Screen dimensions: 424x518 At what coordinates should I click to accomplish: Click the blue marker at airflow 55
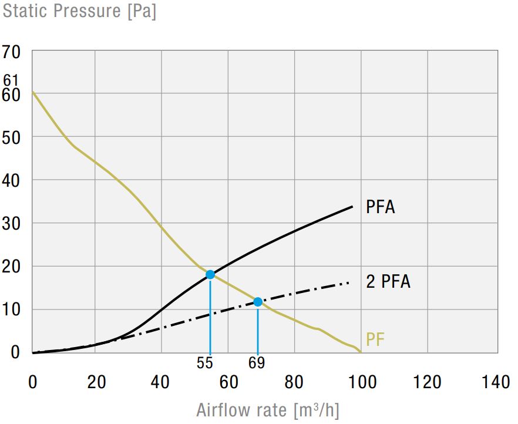pyautogui.click(x=210, y=274)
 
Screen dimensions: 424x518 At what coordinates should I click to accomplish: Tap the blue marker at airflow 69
pyautogui.click(x=258, y=302)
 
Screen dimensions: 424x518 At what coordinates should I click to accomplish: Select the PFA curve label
pyautogui.click(x=380, y=207)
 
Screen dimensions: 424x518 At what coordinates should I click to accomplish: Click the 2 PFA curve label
pyautogui.click(x=388, y=282)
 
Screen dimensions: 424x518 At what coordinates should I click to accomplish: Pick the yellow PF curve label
pyautogui.click(x=375, y=339)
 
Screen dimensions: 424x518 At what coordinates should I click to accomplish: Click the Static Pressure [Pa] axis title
pyautogui.click(x=79, y=11)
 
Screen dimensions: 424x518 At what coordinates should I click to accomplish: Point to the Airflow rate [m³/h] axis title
pyautogui.click(x=268, y=409)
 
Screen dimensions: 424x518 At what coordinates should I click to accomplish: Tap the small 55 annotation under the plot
pyautogui.click(x=205, y=363)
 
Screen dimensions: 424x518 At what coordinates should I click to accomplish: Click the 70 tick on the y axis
pyautogui.click(x=12, y=52)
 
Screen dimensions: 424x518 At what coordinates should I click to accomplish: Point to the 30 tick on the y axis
pyautogui.click(x=12, y=223)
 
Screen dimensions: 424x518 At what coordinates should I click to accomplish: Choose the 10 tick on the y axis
pyautogui.click(x=12, y=309)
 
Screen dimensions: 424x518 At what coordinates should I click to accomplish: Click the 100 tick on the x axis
pyautogui.click(x=362, y=382)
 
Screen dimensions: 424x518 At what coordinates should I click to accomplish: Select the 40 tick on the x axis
pyautogui.click(x=161, y=382)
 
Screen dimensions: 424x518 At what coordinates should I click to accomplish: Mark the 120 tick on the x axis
pyautogui.click(x=428, y=382)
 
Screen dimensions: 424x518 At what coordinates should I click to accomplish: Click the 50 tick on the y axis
pyautogui.click(x=12, y=137)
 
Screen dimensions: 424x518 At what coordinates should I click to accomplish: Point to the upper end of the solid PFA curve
pyautogui.click(x=352, y=207)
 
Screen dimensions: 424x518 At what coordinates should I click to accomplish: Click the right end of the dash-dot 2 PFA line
pyautogui.click(x=349, y=282)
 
